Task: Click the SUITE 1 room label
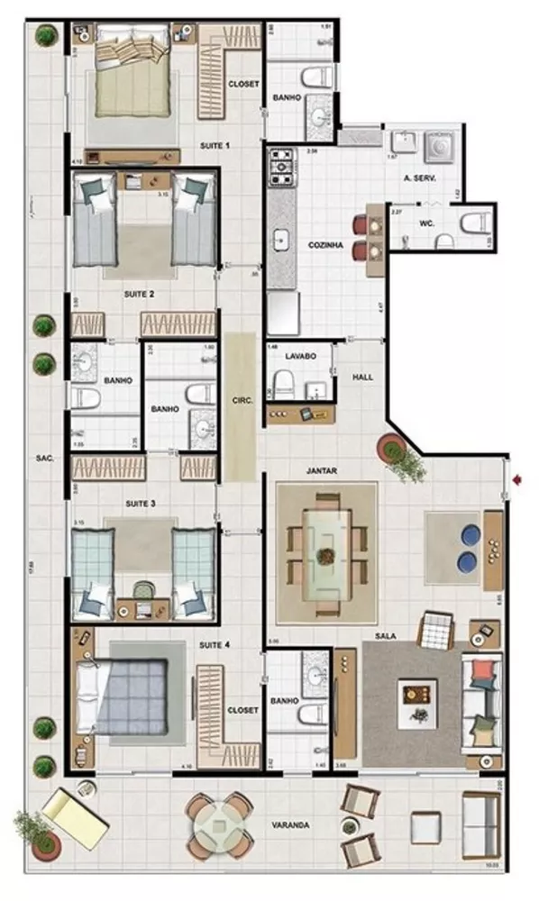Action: (x=215, y=145)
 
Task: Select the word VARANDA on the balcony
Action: (x=294, y=824)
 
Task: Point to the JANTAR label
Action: (x=322, y=470)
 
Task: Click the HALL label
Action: (x=362, y=377)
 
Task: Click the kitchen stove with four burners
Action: (x=282, y=167)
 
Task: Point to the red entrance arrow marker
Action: (x=516, y=480)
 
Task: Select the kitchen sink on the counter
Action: (x=281, y=241)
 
